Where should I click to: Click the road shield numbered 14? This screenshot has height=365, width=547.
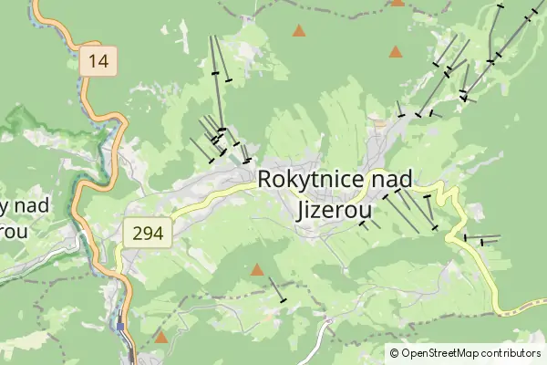(x=99, y=61)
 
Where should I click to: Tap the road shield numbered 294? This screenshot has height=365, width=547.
(x=147, y=234)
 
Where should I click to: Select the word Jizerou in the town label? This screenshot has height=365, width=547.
(x=335, y=209)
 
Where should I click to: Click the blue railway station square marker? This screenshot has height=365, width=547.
(x=120, y=325)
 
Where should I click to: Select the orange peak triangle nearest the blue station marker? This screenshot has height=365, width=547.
(x=161, y=338)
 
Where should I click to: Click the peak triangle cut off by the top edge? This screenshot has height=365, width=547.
(x=397, y=3)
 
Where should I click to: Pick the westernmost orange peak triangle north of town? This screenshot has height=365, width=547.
(x=298, y=31)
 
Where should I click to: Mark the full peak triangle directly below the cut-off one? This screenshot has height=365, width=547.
(x=395, y=52)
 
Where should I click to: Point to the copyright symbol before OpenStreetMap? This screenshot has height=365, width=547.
(x=395, y=353)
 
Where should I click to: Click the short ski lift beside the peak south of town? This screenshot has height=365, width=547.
(x=276, y=289)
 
